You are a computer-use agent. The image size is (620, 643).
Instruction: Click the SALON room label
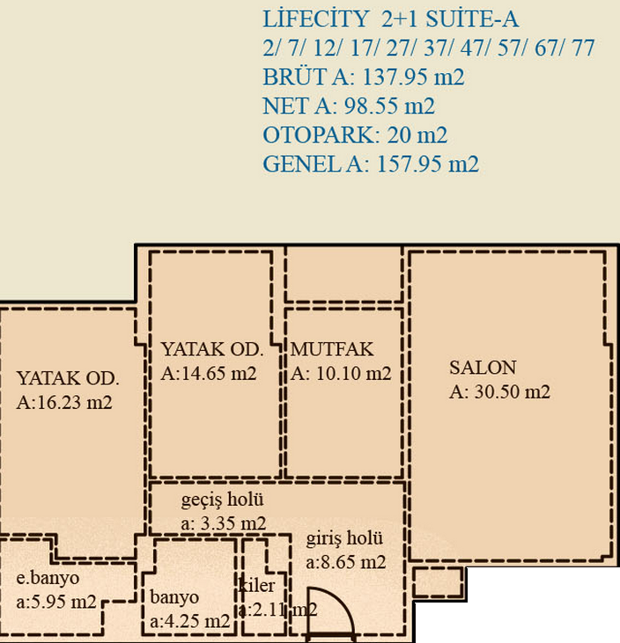coord(483,368)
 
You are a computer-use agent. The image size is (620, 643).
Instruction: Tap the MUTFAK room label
coord(332,349)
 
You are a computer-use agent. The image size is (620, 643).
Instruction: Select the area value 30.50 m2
coord(512,391)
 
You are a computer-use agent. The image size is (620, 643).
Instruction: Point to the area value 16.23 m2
coord(74,402)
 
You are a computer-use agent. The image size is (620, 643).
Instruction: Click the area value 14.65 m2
coord(218,374)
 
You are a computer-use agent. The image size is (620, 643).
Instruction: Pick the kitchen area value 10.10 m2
coord(353,374)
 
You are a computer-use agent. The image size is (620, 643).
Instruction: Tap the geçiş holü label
coord(222,500)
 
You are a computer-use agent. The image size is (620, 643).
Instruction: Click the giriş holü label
coord(344,539)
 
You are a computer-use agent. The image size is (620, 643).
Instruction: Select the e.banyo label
coord(48,578)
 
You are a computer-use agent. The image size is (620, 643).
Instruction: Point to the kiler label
coord(256,585)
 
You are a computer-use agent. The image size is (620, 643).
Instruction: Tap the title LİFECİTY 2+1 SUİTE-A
coord(390,18)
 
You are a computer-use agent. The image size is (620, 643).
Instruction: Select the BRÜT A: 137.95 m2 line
coord(364,77)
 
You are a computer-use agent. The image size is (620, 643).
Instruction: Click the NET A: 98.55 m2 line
coord(348,106)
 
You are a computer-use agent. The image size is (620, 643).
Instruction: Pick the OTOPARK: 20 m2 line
coord(355,135)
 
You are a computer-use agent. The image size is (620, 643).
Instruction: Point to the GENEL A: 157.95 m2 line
coord(371,164)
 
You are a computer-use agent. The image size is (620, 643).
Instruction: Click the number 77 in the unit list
coord(583,48)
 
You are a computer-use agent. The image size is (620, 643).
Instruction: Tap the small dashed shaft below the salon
coord(438,582)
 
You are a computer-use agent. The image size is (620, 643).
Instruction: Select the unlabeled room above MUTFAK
coord(343,274)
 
